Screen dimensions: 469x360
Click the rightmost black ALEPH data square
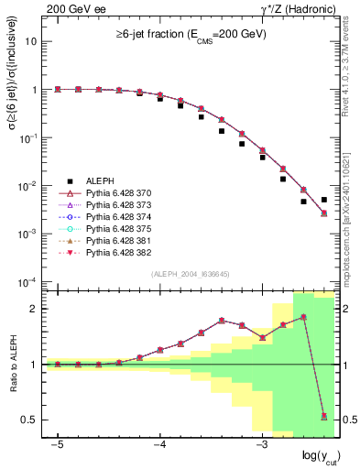point(324,200)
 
